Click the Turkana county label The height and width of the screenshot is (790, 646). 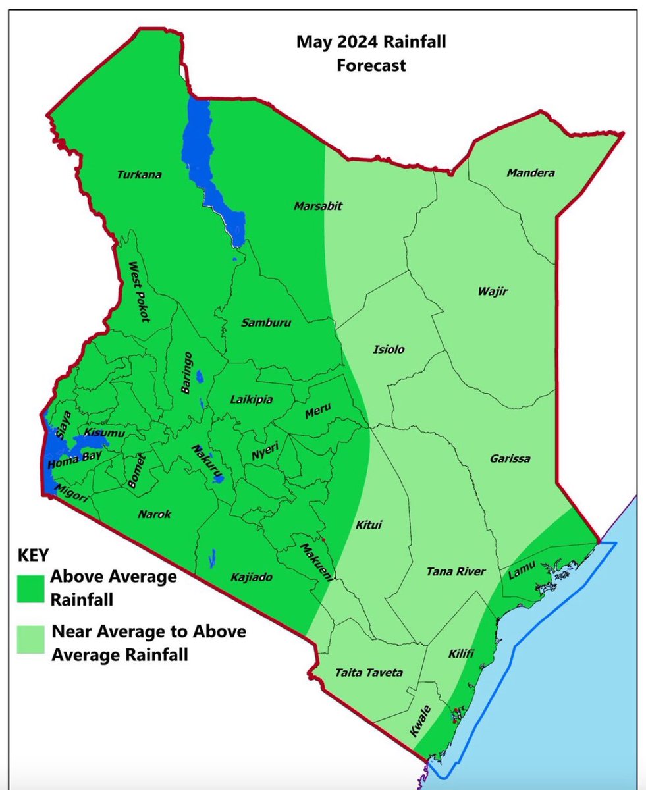point(139,175)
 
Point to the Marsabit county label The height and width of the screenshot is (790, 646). point(317,206)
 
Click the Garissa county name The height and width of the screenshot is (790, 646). point(510,459)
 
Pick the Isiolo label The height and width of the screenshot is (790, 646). point(389,349)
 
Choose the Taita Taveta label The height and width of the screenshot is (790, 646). point(369,673)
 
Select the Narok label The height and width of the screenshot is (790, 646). point(155,514)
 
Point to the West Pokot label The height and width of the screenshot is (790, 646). point(139,291)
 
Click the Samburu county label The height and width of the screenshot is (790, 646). point(266,323)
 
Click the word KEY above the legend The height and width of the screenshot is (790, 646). point(30,553)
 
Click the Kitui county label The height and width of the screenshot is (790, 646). point(368,525)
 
